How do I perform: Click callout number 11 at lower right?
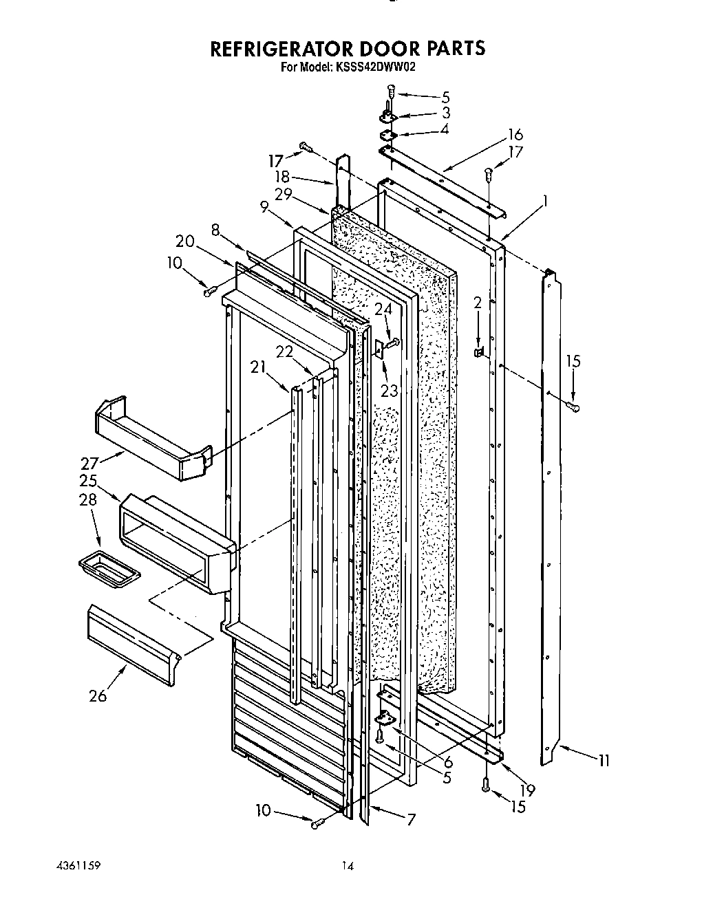(x=604, y=761)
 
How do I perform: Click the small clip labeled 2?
(x=478, y=352)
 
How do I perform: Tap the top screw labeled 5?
(x=391, y=91)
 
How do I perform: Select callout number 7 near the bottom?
(x=411, y=819)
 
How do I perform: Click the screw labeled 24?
(x=394, y=342)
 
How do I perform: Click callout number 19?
(x=528, y=790)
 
